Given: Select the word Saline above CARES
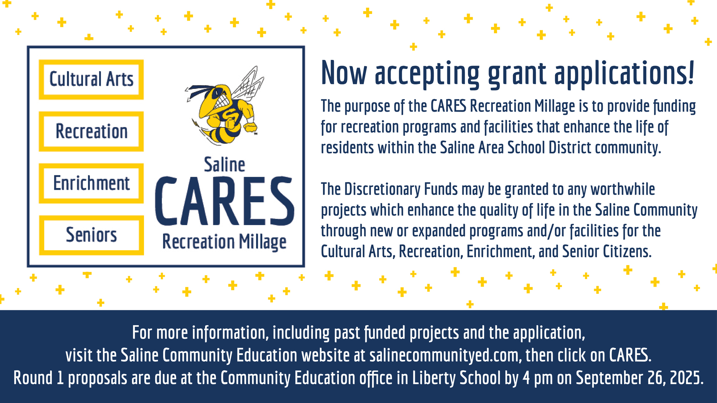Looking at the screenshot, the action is coord(225,165).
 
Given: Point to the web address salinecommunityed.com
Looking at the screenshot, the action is coord(444,355).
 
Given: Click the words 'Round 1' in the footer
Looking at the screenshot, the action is coord(39,378).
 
